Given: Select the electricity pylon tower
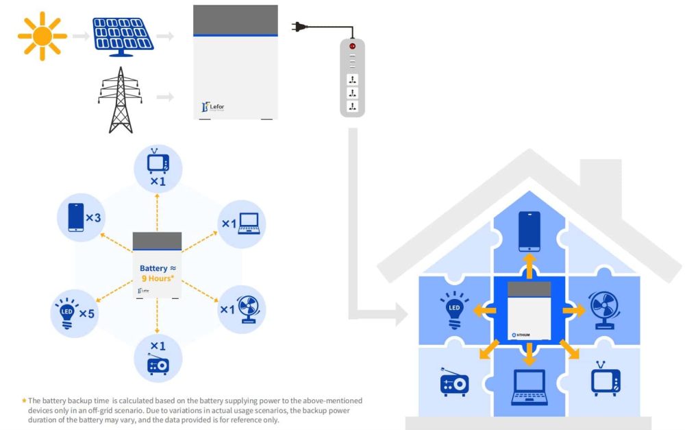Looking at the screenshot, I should [121, 100].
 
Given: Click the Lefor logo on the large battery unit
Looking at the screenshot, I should [214, 106].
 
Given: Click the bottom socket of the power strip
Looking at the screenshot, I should [352, 106].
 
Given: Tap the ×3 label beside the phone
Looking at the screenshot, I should [94, 218].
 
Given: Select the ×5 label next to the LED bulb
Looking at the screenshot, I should [87, 313].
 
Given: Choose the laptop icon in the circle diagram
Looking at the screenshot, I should [248, 222].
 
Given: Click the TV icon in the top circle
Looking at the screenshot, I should [158, 162].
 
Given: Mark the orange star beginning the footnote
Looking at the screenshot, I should [25, 400].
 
